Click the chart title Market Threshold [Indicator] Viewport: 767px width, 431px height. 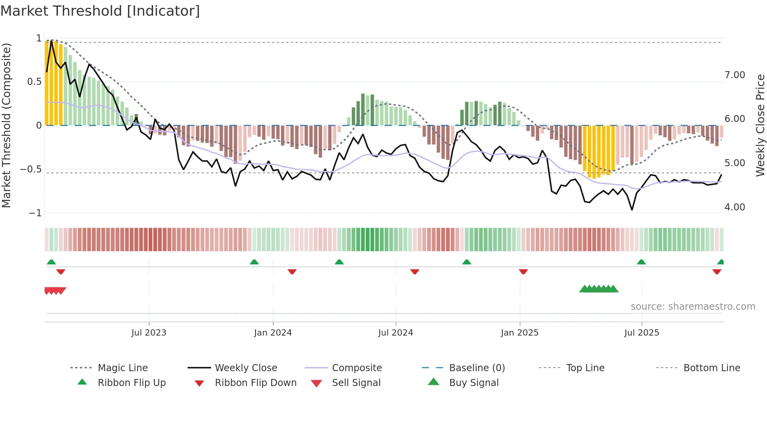click(x=100, y=11)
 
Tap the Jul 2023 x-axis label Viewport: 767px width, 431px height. click(x=149, y=333)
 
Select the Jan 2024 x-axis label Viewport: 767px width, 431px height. click(x=273, y=333)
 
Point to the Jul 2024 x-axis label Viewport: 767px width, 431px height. click(x=396, y=333)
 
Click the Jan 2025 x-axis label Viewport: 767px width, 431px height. click(x=520, y=333)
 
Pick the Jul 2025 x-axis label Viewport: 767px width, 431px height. click(x=642, y=333)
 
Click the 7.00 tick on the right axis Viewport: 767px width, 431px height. click(x=735, y=75)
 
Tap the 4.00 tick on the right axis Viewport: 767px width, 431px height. click(x=735, y=207)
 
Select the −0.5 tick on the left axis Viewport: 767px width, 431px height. click(x=31, y=169)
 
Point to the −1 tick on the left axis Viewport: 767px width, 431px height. click(x=35, y=213)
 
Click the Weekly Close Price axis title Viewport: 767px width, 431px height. click(x=760, y=125)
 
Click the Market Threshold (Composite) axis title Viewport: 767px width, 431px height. click(x=6, y=125)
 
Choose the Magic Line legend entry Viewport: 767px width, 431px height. click(x=122, y=368)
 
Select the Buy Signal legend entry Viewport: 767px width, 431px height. click(x=474, y=383)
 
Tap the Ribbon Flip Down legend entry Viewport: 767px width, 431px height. click(x=256, y=383)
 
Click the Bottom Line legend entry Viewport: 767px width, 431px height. click(x=711, y=368)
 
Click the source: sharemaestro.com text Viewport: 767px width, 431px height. click(x=693, y=307)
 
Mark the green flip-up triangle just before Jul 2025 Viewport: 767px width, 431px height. click(x=641, y=262)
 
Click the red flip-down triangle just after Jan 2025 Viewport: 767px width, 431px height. click(x=523, y=271)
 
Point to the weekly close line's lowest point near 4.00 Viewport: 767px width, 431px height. click(x=632, y=210)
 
